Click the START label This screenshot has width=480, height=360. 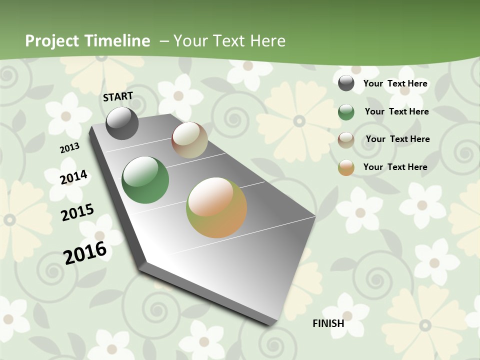pos(118,96)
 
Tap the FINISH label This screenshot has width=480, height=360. pos(328,323)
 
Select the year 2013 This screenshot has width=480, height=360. pos(69,148)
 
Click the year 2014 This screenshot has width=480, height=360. pos(73,177)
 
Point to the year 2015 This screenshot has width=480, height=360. pos(77,212)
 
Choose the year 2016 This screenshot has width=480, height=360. pos(85,253)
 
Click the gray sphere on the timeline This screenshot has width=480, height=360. pos(122,123)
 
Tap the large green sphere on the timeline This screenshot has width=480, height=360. pos(145,180)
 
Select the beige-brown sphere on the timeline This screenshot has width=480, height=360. pos(189,140)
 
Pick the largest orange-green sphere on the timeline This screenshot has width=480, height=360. pos(216,207)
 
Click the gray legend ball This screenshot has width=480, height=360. pos(346,83)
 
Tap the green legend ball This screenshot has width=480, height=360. pos(346,112)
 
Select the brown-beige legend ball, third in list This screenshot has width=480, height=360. pos(346,140)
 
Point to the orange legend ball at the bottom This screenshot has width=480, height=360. pos(346,167)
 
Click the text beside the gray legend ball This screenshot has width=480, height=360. pos(395,83)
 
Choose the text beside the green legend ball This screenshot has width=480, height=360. pos(396,111)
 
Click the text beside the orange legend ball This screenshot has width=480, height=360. pos(395,167)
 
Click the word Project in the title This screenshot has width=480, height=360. pos(52,41)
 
